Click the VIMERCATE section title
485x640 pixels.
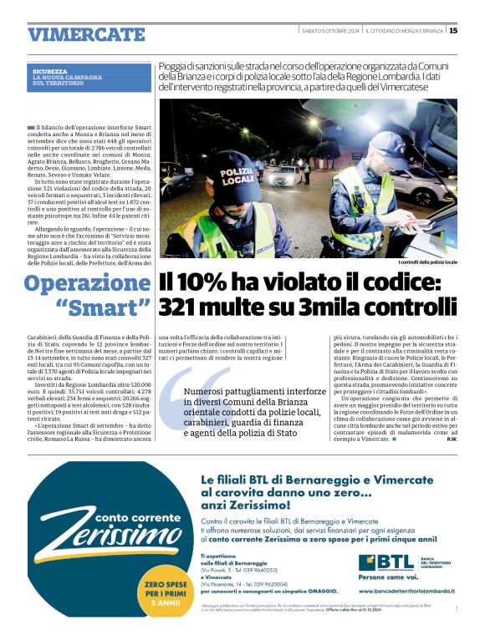86,34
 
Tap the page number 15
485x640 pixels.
453,31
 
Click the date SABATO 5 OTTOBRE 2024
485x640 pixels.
331,31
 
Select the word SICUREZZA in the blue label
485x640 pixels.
49,71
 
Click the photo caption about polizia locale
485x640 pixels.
427,262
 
